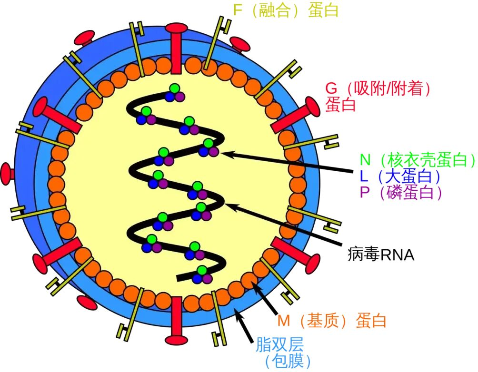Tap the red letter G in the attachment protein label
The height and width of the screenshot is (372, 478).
(x=331, y=88)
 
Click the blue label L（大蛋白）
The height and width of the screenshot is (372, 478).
(x=399, y=176)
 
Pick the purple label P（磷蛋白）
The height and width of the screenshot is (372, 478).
(x=400, y=192)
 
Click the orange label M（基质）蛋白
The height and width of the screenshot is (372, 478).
(x=331, y=321)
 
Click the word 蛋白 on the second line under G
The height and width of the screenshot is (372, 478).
(x=341, y=104)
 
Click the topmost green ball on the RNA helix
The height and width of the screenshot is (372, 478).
(x=175, y=88)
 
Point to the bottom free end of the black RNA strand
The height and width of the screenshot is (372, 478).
(x=180, y=278)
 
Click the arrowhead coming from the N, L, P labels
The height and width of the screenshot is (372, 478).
(x=224, y=153)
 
